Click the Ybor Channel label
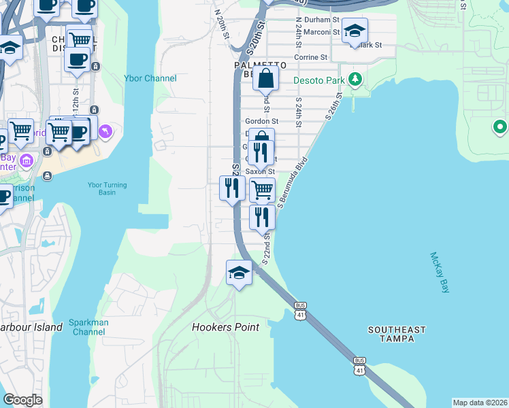(150, 78)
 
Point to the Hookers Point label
(226, 327)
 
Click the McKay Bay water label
(440, 273)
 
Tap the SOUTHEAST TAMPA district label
(397, 334)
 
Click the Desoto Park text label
(319, 80)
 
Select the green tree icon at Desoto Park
(355, 80)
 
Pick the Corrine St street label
(311, 58)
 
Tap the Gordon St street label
(262, 121)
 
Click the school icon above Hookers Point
(239, 273)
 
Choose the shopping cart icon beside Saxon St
(262, 190)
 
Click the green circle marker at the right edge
(500, 126)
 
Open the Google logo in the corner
(22, 400)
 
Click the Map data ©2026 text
(479, 403)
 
